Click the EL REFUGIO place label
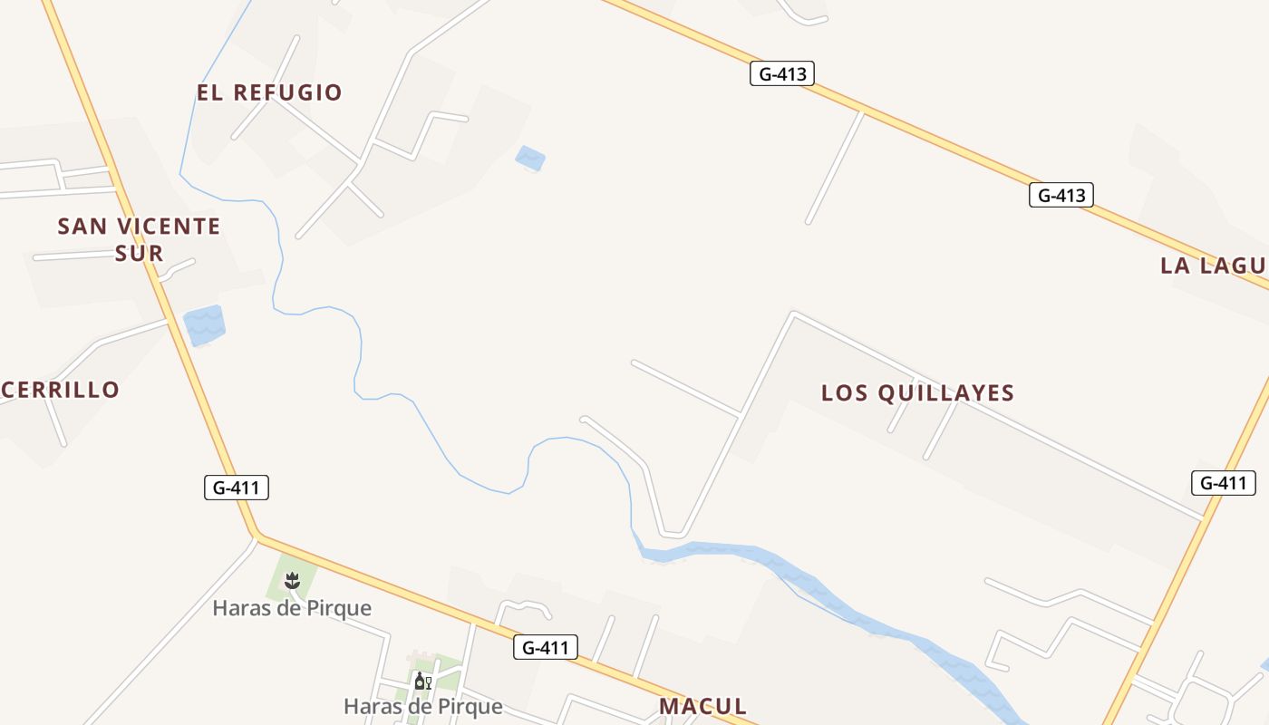pyautogui.click(x=269, y=92)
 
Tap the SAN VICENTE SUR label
pyautogui.click(x=139, y=239)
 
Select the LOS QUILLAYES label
pyautogui.click(x=917, y=393)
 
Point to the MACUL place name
pyautogui.click(x=703, y=707)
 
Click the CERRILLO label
pyautogui.click(x=60, y=391)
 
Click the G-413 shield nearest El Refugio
pyautogui.click(x=781, y=73)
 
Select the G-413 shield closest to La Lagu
pyautogui.click(x=1061, y=195)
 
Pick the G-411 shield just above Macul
pyautogui.click(x=545, y=647)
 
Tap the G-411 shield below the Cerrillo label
pyautogui.click(x=236, y=488)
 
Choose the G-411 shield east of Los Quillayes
pyautogui.click(x=1223, y=483)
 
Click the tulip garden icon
pyautogui.click(x=292, y=580)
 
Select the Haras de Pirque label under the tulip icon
pyautogui.click(x=292, y=608)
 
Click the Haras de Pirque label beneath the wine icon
pyautogui.click(x=422, y=707)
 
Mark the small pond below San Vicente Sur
pyautogui.click(x=204, y=325)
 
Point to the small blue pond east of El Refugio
pyautogui.click(x=530, y=159)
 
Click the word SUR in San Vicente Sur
pyautogui.click(x=139, y=254)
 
